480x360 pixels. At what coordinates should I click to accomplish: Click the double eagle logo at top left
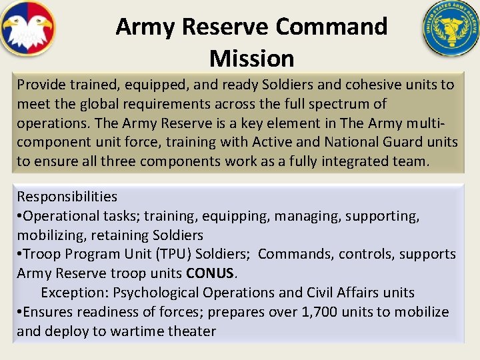[x=27, y=29]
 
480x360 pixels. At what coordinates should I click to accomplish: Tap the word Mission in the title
[x=251, y=58]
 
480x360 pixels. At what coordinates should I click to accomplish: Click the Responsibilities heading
[x=67, y=197]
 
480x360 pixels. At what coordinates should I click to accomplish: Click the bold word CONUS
[x=211, y=273]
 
